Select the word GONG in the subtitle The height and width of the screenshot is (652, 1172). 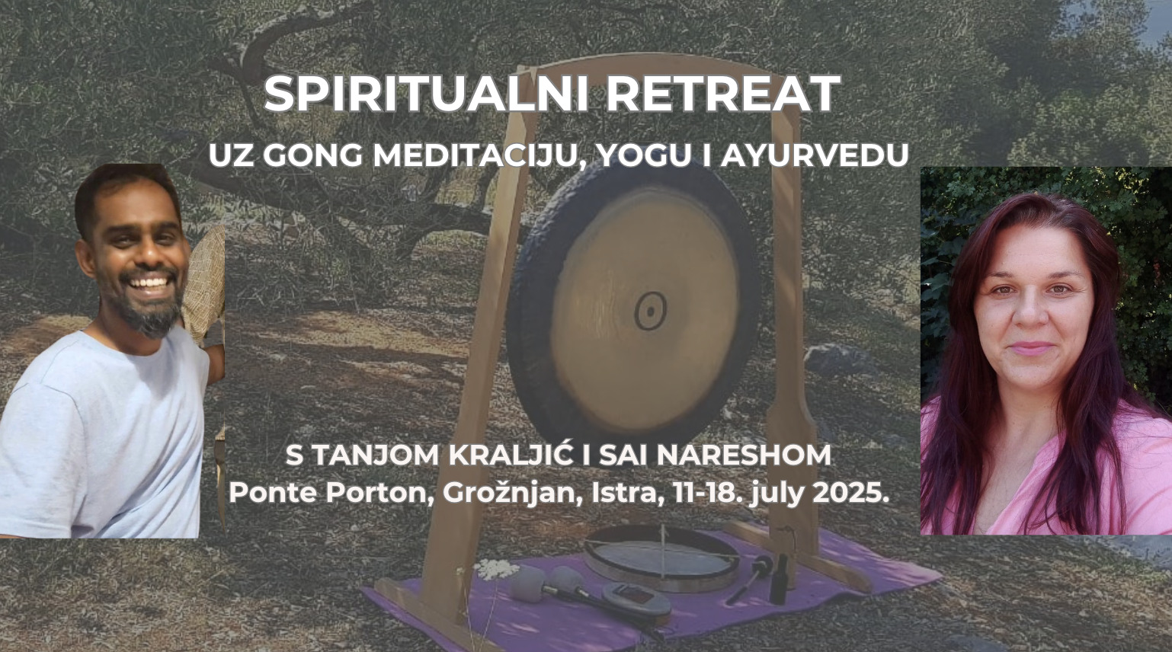point(312,155)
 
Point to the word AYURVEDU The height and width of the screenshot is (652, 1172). point(814,155)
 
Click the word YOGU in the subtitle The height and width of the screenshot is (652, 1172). point(644,155)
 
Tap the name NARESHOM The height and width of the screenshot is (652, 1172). point(744,455)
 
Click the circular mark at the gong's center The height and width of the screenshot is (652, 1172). point(650,311)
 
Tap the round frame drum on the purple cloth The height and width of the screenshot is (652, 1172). point(662,559)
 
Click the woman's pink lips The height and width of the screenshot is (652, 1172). point(1030,347)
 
